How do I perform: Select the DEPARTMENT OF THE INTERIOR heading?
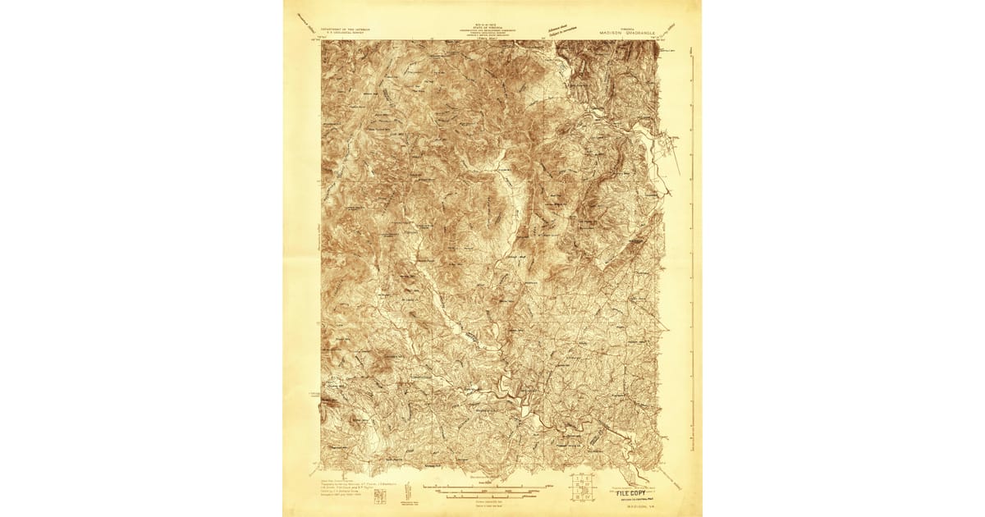click(x=345, y=30)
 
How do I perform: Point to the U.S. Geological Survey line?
click(x=345, y=34)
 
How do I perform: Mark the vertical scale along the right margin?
click(x=692, y=246)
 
